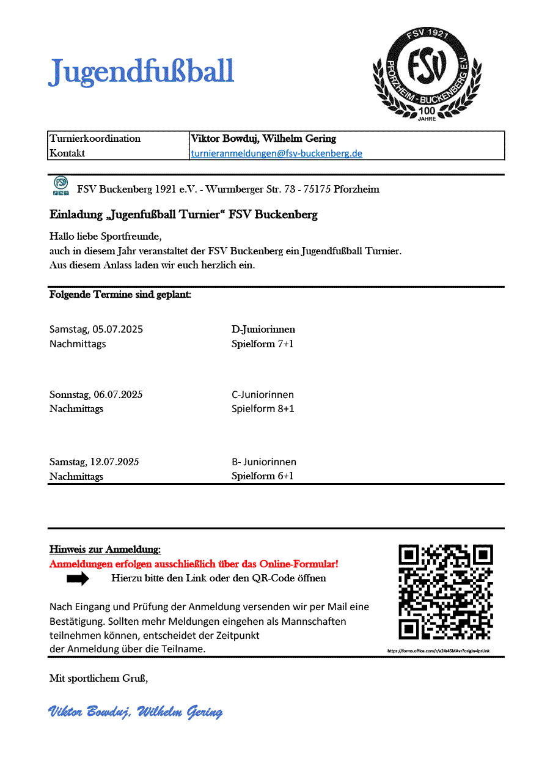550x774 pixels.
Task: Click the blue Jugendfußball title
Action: point(141,72)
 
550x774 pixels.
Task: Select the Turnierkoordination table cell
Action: point(95,139)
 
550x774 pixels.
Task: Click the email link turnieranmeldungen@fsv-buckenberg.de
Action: point(276,153)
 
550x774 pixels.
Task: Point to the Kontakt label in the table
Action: point(67,153)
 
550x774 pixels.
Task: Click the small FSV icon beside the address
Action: point(61,186)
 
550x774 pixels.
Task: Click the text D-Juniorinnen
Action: point(263,330)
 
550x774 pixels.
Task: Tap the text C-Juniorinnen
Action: point(262,394)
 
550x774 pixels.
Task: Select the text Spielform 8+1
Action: point(262,408)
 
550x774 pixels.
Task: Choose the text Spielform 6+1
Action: point(262,476)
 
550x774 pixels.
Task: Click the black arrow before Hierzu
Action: point(78,578)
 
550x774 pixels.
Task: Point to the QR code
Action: point(446,592)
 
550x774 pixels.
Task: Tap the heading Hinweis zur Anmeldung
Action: point(105,550)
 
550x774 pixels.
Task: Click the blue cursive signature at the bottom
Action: point(135,712)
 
